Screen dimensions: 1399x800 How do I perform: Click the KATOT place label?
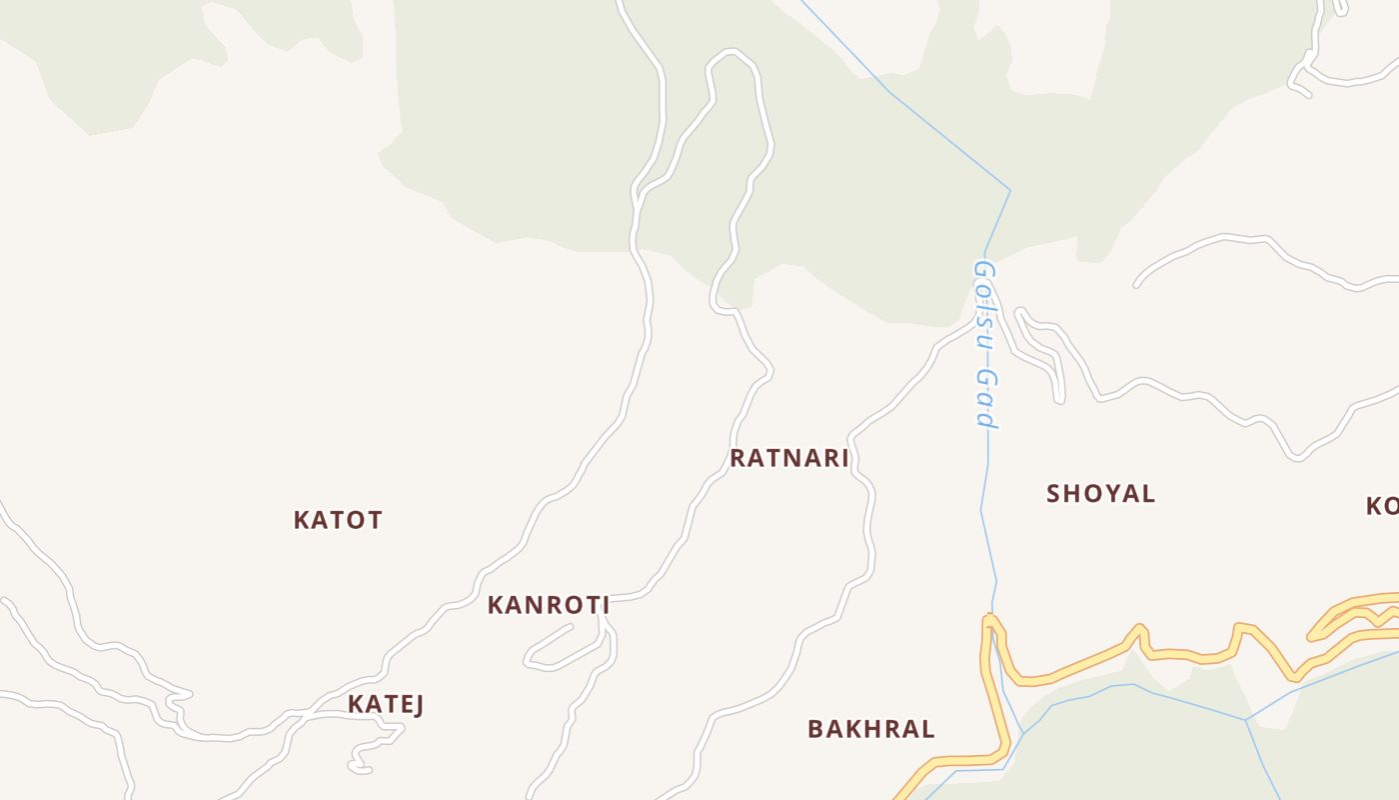338,520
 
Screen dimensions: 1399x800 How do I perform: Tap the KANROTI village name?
548,605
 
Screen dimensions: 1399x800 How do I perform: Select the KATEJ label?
386,704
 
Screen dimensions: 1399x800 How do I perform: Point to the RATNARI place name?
788,458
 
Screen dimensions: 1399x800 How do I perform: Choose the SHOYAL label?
1100,493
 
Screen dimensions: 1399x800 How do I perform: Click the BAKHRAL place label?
870,729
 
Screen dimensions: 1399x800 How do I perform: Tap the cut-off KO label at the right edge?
1383,505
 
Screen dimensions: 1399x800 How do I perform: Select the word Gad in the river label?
987,398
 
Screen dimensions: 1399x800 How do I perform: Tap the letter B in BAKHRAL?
815,729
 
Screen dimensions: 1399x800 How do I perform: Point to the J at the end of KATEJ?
418,704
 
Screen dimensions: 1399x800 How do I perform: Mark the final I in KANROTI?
605,605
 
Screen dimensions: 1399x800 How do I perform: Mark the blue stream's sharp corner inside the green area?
1010,190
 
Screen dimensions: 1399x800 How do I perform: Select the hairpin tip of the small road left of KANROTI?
528,661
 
